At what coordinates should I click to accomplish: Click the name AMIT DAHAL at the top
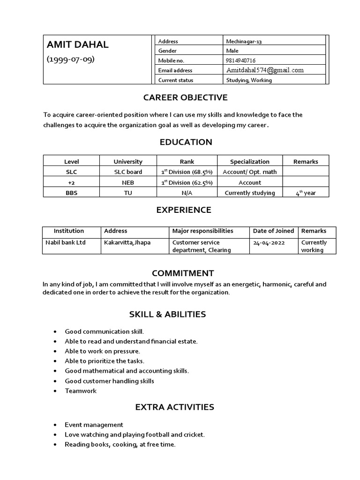pyautogui.click(x=77, y=45)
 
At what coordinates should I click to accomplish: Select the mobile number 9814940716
pyautogui.click(x=240, y=60)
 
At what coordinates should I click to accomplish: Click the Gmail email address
pyautogui.click(x=265, y=70)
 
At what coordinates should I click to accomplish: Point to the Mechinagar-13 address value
pyautogui.click(x=244, y=41)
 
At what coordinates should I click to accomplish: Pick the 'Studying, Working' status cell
pyautogui.click(x=248, y=80)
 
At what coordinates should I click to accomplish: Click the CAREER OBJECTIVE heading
pyautogui.click(x=179, y=97)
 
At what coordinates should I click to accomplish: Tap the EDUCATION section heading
pyautogui.click(x=179, y=142)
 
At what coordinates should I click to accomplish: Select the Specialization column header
pyautogui.click(x=249, y=162)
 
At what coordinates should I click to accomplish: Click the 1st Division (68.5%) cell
pyautogui.click(x=187, y=172)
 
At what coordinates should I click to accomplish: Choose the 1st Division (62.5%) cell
pyautogui.click(x=187, y=182)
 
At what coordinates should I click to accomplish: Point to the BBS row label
pyautogui.click(x=71, y=193)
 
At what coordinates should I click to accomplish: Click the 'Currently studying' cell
pyautogui.click(x=249, y=193)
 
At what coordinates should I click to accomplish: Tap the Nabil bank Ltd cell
pyautogui.click(x=65, y=243)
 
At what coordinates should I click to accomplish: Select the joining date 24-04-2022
pyautogui.click(x=269, y=243)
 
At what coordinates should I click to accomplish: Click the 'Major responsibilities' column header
pyautogui.click(x=202, y=231)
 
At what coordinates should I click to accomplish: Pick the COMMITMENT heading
pyautogui.click(x=183, y=273)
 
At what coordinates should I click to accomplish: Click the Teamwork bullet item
pyautogui.click(x=81, y=391)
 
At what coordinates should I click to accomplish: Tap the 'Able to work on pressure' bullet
pyautogui.click(x=102, y=351)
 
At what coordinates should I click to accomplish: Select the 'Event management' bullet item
pyautogui.click(x=94, y=425)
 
